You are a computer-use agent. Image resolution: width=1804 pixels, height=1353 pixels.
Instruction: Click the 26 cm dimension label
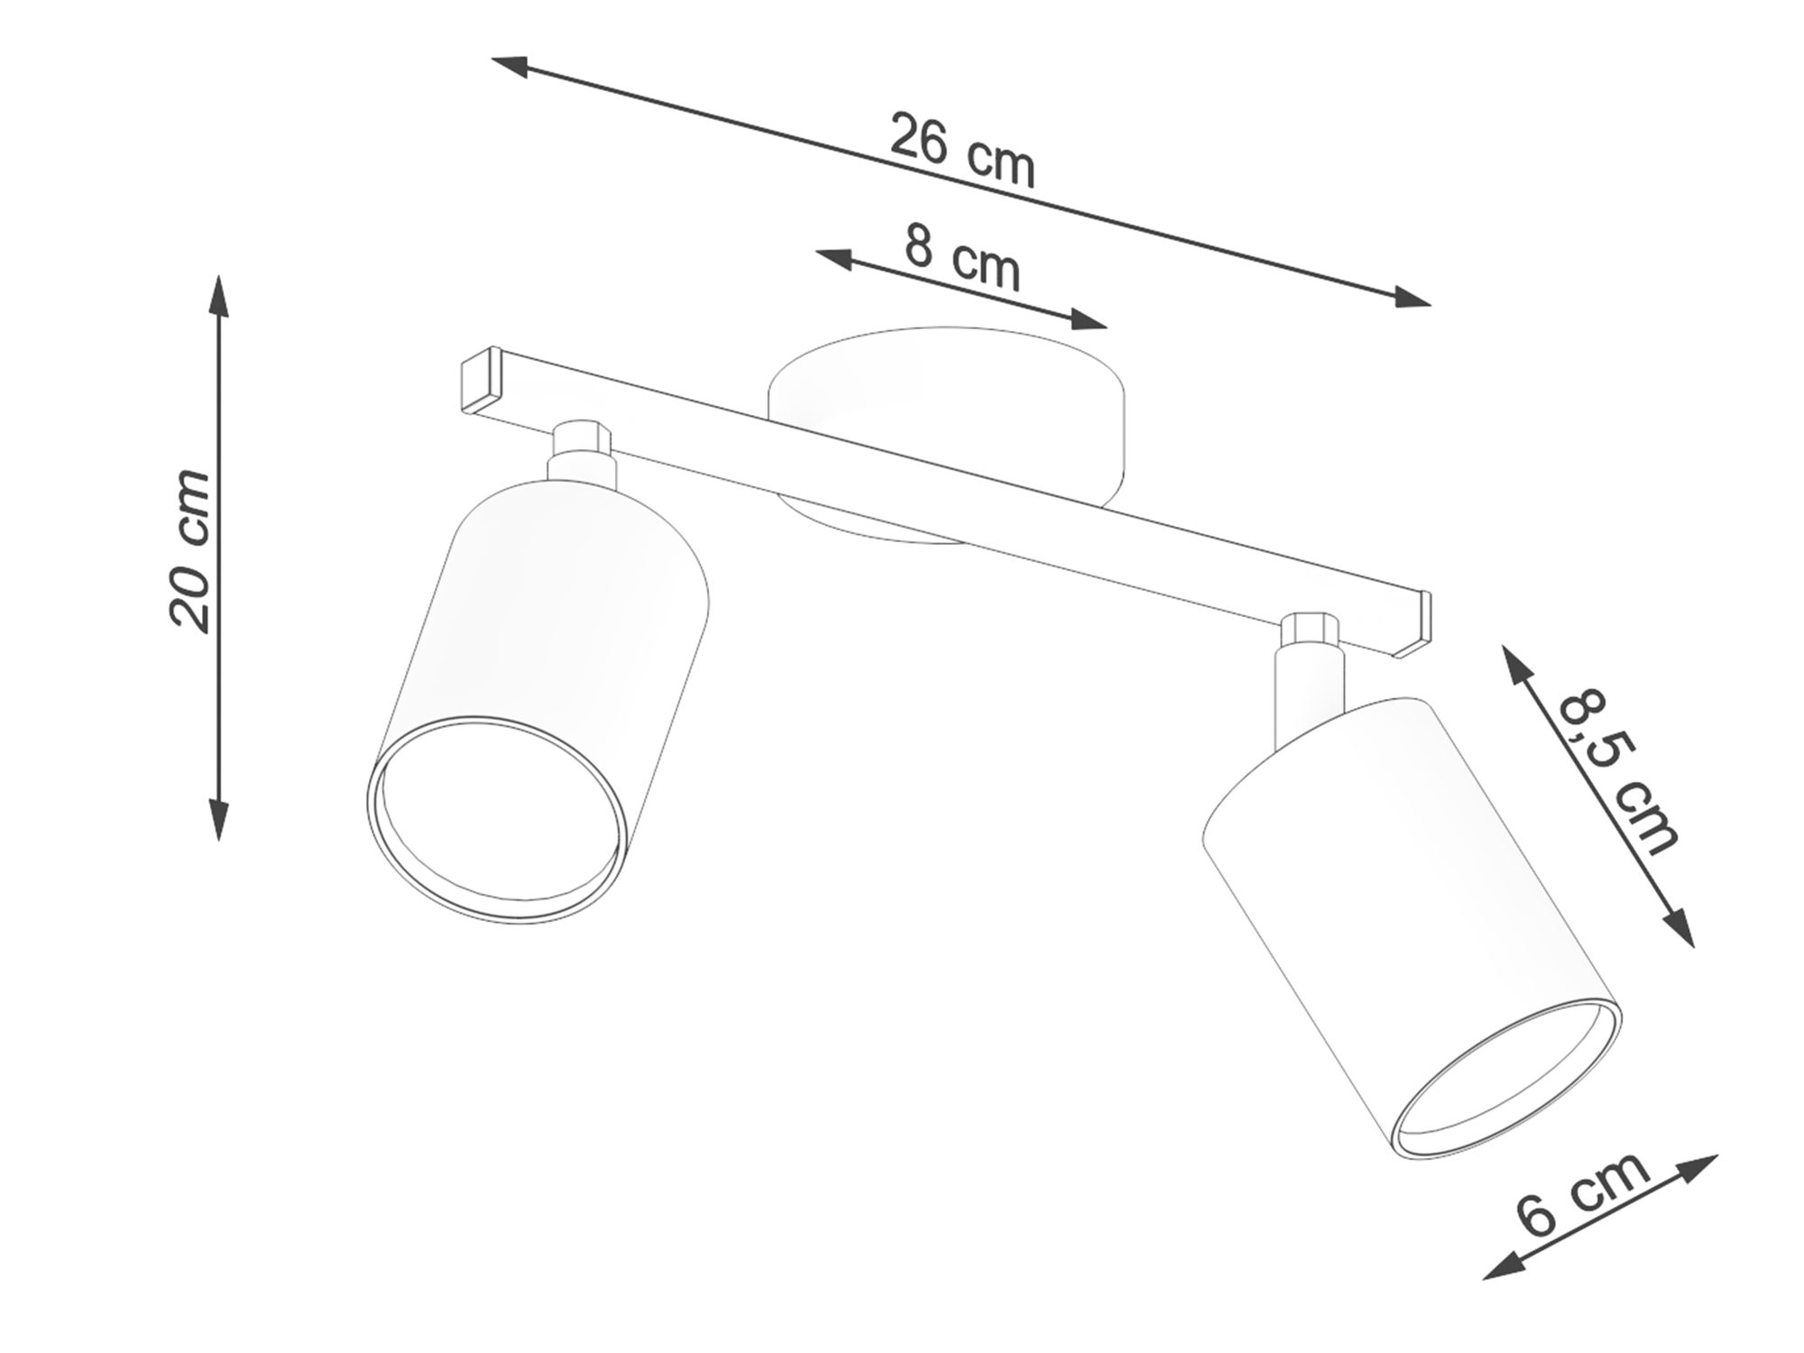pyautogui.click(x=962, y=152)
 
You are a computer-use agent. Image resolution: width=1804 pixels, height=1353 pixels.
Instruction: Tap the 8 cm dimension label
pyautogui.click(x=962, y=258)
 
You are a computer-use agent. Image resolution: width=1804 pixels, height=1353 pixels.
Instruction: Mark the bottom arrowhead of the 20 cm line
pyautogui.click(x=218, y=818)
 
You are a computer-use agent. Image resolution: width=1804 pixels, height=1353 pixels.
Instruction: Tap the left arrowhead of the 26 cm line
pyautogui.click(x=511, y=66)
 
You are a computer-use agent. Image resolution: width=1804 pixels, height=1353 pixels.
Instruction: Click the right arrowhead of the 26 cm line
pyautogui.click(x=1410, y=297)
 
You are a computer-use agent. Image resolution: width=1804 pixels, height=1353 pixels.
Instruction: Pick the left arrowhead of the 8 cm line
pyautogui.click(x=835, y=258)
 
